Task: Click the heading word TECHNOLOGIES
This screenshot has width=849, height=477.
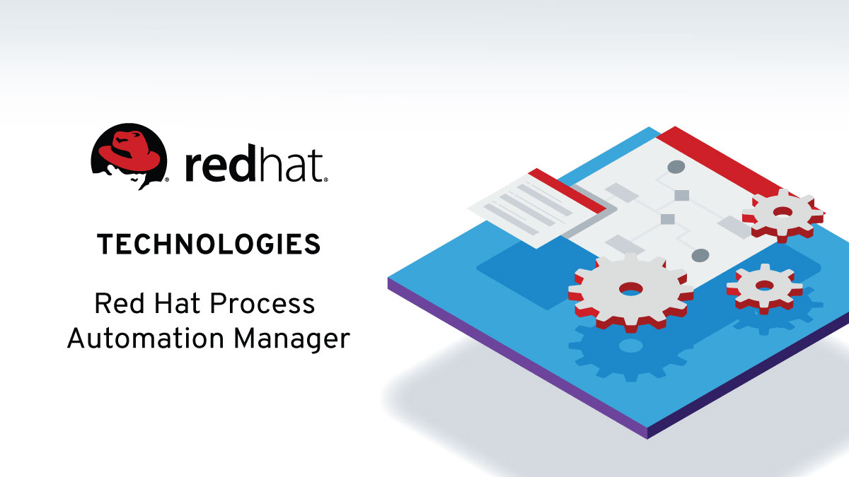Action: coord(209,245)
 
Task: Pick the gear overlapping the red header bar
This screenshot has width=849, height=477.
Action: coord(782,212)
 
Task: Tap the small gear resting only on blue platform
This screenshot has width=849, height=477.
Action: coord(765,286)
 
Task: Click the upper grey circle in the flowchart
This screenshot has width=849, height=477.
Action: coord(676,167)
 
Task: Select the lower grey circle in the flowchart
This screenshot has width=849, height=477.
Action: coord(700,255)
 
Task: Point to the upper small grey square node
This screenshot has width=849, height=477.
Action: coord(681,195)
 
